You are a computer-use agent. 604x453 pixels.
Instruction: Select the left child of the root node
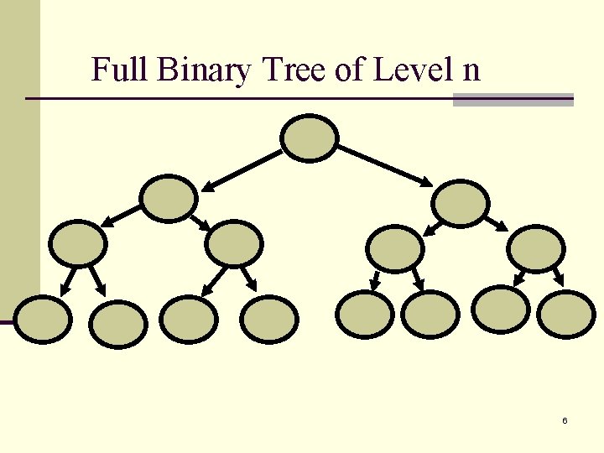169,199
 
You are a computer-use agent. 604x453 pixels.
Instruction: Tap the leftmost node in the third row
78,243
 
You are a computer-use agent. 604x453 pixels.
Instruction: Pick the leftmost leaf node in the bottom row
42,320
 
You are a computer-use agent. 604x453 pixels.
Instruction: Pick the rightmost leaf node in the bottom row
566,314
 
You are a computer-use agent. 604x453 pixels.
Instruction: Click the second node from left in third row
234,244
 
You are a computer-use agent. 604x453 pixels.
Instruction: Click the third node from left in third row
395,247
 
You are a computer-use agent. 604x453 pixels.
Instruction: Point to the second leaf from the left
117,324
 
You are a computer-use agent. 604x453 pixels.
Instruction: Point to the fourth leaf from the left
269,319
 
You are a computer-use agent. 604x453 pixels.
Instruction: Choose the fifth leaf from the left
364,314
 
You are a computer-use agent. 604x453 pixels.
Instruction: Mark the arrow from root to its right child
385,165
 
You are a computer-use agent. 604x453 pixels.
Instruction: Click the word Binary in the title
204,70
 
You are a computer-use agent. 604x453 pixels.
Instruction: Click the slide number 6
565,420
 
